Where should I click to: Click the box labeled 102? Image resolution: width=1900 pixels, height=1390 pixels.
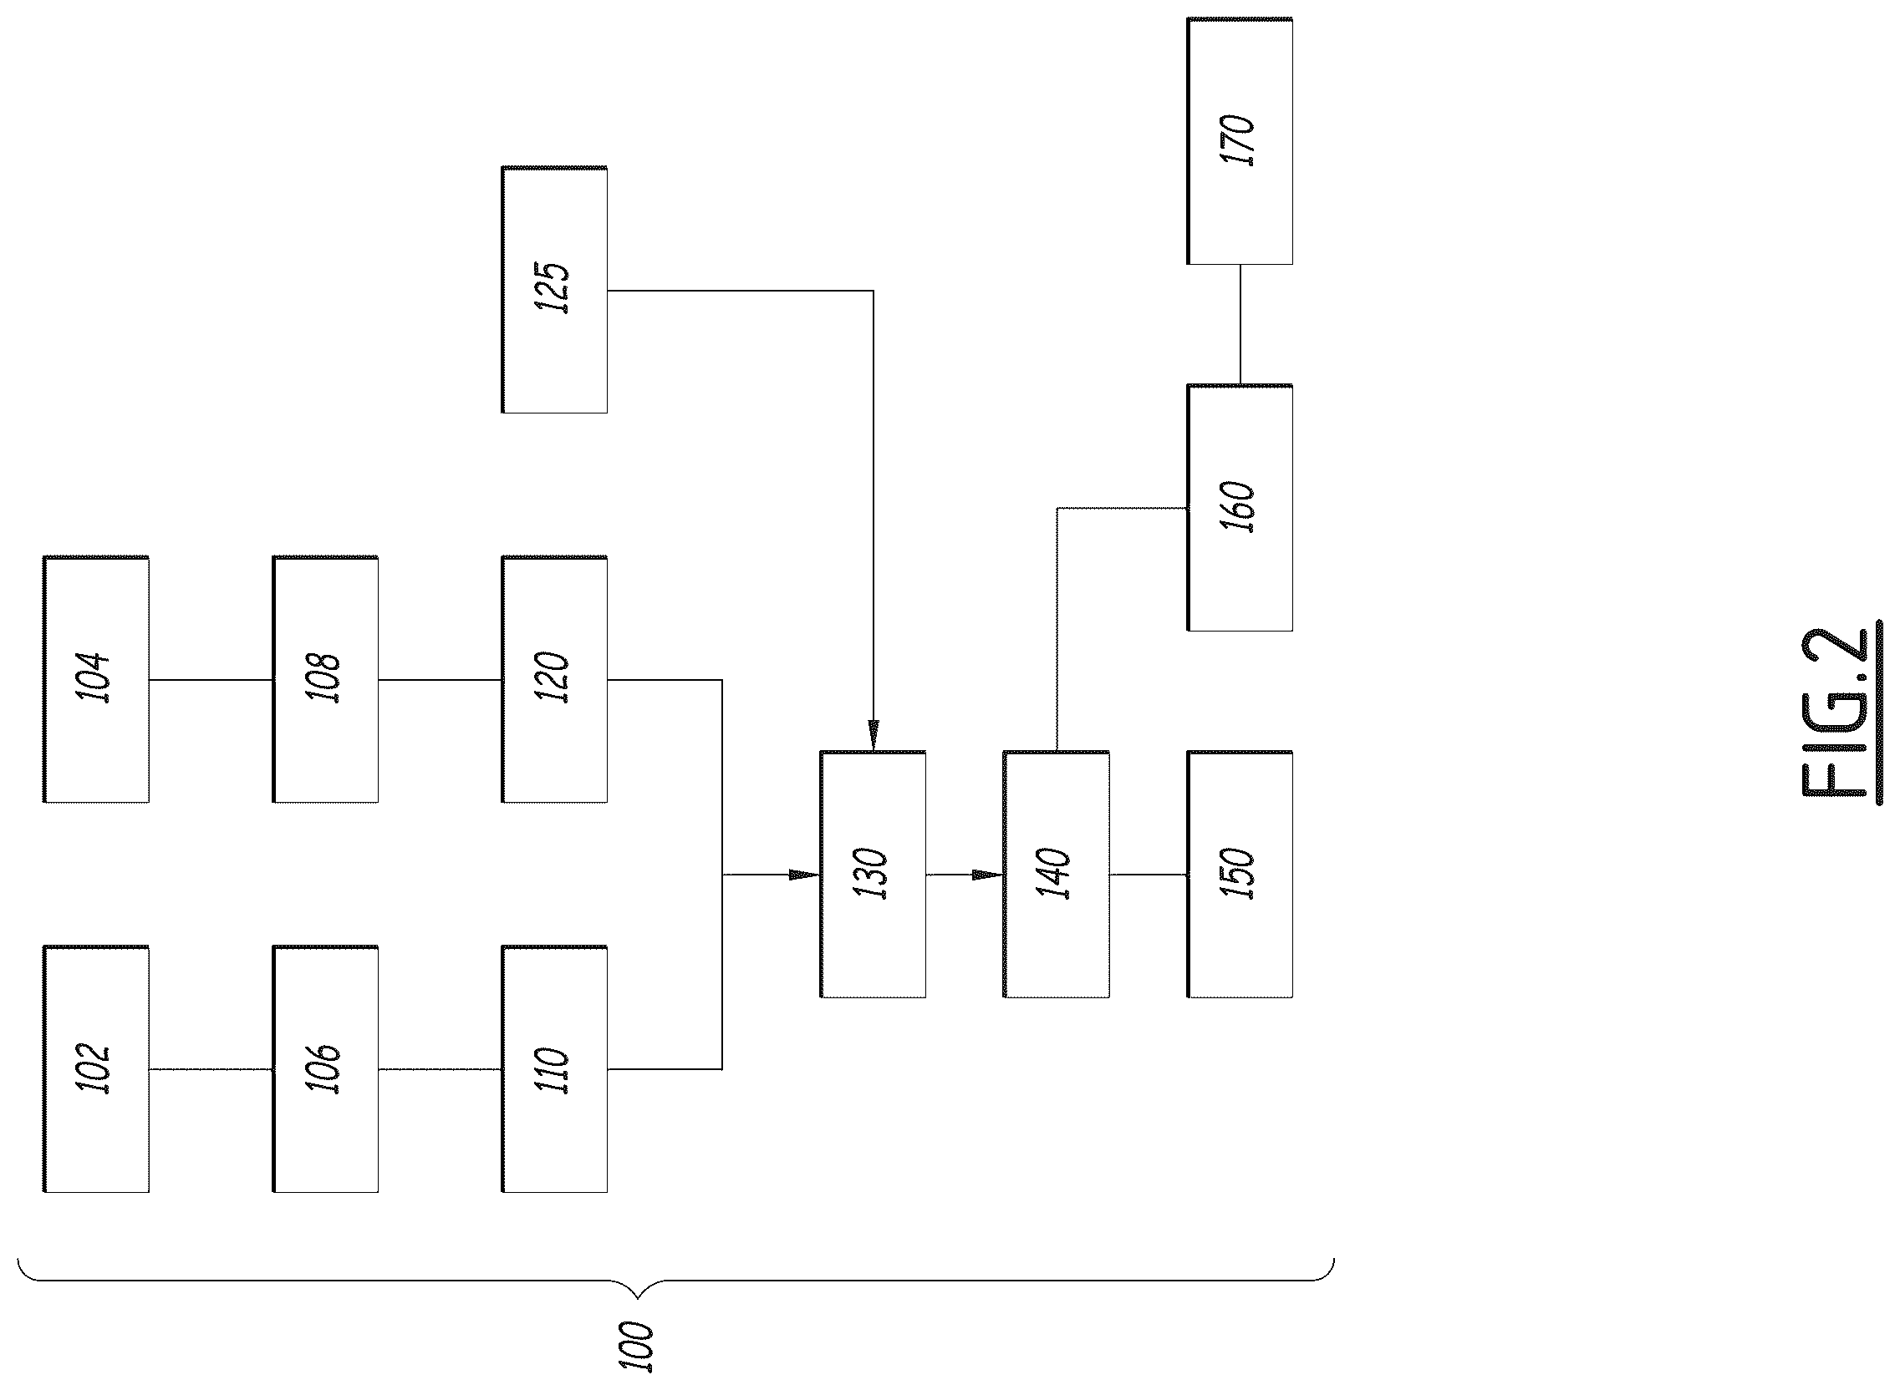(x=96, y=1068)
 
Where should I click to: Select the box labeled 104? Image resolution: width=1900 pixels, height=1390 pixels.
(x=96, y=679)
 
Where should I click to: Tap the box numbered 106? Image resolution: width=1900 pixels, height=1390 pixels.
(x=325, y=1068)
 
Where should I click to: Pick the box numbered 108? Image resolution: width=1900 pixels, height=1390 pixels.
(x=325, y=679)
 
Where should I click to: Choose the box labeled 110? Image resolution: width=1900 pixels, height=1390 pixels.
(x=554, y=1068)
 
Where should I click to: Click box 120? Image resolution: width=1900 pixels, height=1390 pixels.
(x=554, y=679)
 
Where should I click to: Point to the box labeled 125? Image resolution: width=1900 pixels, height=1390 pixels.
(x=554, y=289)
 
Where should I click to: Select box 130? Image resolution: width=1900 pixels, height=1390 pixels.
(x=873, y=875)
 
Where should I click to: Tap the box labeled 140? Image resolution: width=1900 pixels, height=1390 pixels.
(x=1057, y=875)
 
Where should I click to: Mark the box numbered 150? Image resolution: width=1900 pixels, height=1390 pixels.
(x=1240, y=875)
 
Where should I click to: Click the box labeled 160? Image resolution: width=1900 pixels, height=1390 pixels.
(x=1240, y=507)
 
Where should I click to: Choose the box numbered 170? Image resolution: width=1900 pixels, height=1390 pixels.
(x=1240, y=141)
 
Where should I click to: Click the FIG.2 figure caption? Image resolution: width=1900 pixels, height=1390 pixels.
(x=1842, y=713)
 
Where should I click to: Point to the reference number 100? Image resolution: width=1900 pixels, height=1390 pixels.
(x=636, y=1347)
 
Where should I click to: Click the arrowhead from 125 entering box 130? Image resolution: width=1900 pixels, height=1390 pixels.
(x=873, y=735)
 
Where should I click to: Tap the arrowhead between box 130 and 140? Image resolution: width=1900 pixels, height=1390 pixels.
(x=987, y=875)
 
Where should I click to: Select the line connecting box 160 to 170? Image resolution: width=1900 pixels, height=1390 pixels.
(x=1240, y=325)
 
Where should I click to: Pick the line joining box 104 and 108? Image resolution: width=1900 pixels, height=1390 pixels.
(x=211, y=679)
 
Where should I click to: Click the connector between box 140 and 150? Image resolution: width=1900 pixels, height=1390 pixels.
(x=1149, y=875)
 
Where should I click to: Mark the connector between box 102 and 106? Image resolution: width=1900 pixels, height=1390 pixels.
(x=211, y=1069)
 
